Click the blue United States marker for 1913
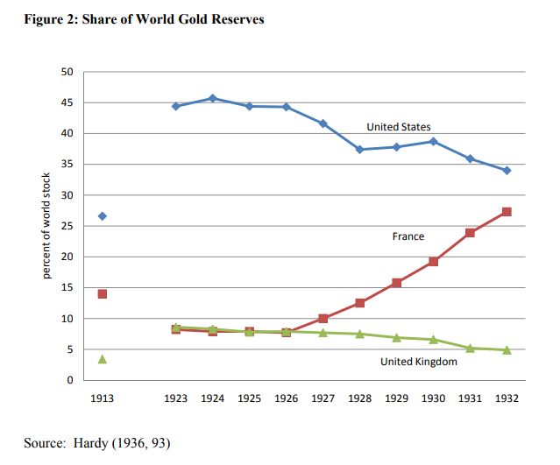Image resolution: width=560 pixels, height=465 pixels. (x=103, y=215)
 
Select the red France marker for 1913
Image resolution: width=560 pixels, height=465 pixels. (x=103, y=293)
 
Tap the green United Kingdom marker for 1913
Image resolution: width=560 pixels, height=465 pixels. (x=103, y=359)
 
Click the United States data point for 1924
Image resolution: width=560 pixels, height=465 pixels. (x=213, y=98)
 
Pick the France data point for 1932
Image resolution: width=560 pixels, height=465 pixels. (x=507, y=212)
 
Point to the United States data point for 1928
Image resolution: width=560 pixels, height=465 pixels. (x=359, y=150)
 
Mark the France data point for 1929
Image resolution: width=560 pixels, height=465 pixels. (x=396, y=283)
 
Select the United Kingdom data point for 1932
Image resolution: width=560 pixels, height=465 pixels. (x=507, y=350)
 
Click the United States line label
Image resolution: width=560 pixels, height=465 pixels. (x=399, y=127)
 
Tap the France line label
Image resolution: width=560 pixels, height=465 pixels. (x=408, y=236)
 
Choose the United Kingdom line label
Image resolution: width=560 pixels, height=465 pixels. (x=418, y=362)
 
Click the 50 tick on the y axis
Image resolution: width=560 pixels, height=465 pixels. (x=67, y=72)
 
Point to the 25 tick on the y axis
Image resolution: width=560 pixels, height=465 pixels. (x=67, y=226)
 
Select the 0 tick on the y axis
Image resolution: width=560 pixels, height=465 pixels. (x=69, y=380)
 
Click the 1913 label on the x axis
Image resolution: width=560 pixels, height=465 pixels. (x=103, y=398)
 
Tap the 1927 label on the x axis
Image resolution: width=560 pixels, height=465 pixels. (x=323, y=398)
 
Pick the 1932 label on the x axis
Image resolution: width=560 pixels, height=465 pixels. (x=507, y=398)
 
